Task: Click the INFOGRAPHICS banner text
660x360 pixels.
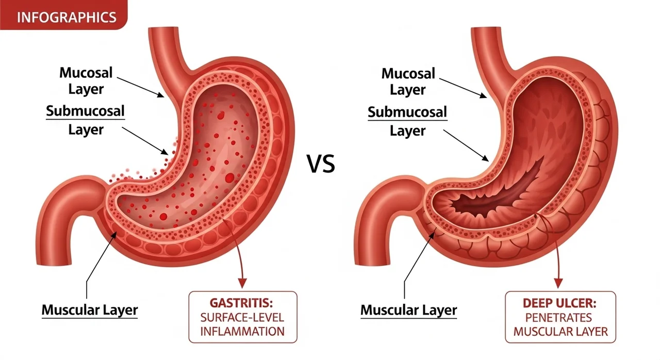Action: pyautogui.click(x=67, y=18)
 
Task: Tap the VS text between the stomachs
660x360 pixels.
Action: pyautogui.click(x=321, y=164)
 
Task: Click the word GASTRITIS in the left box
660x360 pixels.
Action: pyautogui.click(x=241, y=303)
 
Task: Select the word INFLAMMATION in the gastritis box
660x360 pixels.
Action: pyautogui.click(x=242, y=332)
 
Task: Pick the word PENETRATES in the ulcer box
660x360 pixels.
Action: pyautogui.click(x=558, y=318)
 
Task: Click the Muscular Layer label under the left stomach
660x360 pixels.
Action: pyautogui.click(x=90, y=310)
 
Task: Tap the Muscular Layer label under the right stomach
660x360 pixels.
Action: pyautogui.click(x=409, y=310)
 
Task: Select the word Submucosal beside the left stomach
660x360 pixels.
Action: pyautogui.click(x=85, y=111)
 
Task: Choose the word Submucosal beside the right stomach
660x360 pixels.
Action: pyautogui.click(x=407, y=112)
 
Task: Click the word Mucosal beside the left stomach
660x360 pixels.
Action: pyautogui.click(x=86, y=73)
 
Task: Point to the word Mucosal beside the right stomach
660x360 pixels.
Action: pyautogui.click(x=408, y=73)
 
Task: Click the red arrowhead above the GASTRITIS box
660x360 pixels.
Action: pyautogui.click(x=242, y=283)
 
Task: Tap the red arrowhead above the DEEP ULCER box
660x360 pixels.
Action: pyautogui.click(x=558, y=283)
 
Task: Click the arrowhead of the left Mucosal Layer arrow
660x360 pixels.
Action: pyautogui.click(x=160, y=94)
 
